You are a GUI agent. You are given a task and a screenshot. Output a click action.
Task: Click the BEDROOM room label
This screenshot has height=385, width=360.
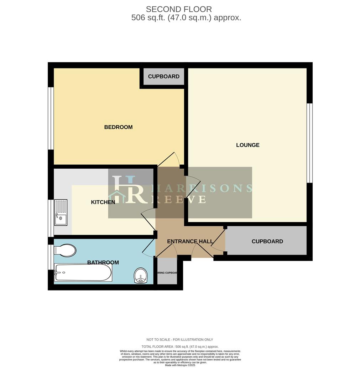coord(118,127)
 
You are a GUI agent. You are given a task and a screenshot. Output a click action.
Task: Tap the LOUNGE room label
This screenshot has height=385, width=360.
coord(248,145)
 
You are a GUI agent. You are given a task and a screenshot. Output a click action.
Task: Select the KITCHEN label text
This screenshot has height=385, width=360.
coord(103,202)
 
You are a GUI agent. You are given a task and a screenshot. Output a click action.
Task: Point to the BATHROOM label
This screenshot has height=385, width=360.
coord(103,263)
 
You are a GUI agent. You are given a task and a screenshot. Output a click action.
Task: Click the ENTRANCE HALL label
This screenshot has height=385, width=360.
coord(190,241)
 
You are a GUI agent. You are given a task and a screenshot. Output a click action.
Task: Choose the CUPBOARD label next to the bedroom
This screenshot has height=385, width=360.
coord(163,77)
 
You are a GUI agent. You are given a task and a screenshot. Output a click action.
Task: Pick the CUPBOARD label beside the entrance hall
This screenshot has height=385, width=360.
coord(267,241)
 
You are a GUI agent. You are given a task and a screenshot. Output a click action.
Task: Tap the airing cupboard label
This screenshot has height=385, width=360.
coord(167,273)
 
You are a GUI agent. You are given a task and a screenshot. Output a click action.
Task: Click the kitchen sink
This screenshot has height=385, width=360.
coord(61,212)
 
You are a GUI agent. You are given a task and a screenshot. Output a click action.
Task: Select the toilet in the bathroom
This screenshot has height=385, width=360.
coord(65,250)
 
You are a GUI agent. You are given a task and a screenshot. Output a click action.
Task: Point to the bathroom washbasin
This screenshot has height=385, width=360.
coord(141,276)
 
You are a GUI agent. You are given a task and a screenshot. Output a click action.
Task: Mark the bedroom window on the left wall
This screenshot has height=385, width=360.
coord(51,118)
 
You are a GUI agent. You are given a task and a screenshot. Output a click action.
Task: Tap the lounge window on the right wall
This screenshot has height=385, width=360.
coord(310,143)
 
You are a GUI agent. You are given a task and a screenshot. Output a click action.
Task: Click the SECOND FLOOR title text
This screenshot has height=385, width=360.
coord(179,9)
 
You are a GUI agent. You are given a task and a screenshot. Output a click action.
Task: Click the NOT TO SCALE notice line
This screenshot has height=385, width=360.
coord(179,340)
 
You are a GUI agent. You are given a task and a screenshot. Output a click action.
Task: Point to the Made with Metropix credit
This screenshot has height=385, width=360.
coord(180,365)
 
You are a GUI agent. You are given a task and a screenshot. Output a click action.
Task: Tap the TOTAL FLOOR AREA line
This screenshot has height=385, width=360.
coord(180,346)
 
